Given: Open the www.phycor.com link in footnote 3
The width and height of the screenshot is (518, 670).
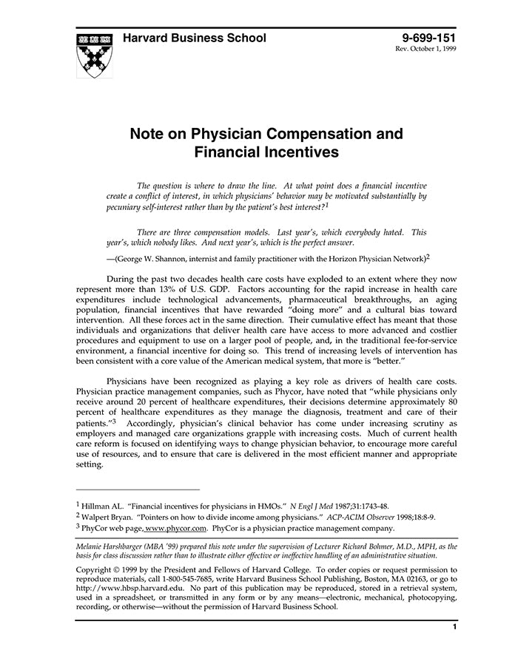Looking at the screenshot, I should click(176, 528).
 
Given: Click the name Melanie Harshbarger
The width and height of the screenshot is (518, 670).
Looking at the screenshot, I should click(118, 547).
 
